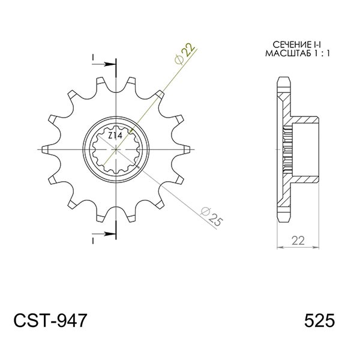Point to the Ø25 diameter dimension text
click(x=212, y=217)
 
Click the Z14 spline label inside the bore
click(x=115, y=137)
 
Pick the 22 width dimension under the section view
click(x=298, y=241)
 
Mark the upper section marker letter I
click(x=94, y=58)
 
